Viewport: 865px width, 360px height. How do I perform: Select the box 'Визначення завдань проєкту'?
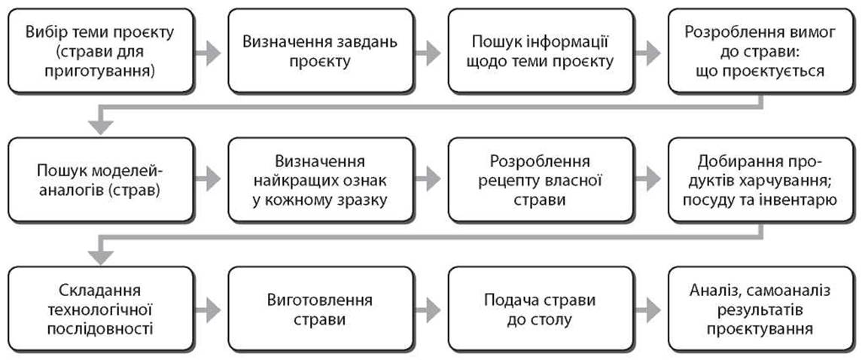tap(320, 51)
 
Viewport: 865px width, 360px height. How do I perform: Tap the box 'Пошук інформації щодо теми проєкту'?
tap(541, 51)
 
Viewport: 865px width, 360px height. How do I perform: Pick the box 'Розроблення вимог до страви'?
tap(760, 51)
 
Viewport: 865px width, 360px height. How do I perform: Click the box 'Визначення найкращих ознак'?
tap(320, 179)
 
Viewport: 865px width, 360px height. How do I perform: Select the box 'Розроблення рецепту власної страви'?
tap(541, 179)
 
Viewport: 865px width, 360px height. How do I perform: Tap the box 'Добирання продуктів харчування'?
tap(760, 179)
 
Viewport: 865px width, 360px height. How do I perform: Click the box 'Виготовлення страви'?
tap(320, 309)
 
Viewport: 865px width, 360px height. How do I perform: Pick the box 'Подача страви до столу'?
tap(541, 309)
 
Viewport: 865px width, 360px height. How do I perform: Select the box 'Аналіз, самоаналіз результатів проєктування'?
tap(760, 309)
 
